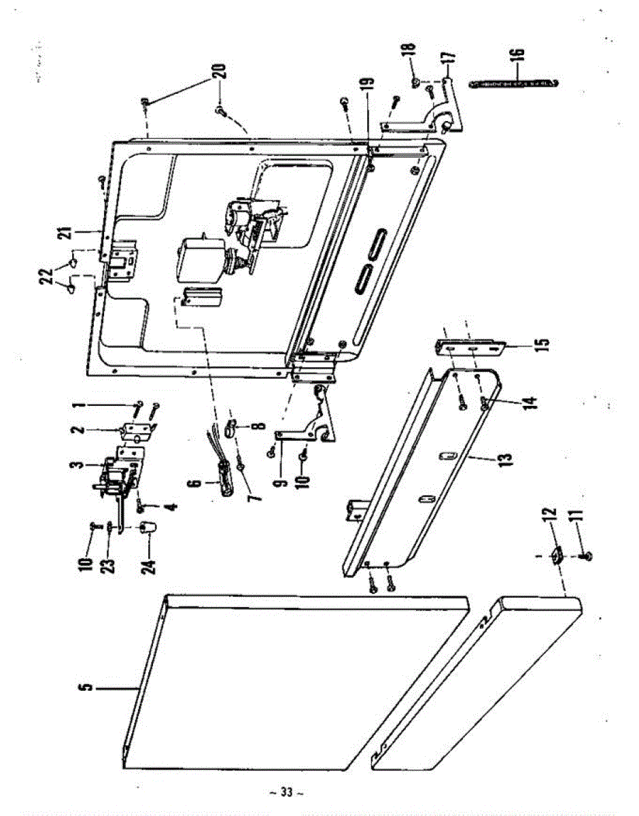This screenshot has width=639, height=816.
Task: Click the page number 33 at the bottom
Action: point(286,793)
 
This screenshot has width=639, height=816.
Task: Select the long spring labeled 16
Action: point(515,83)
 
